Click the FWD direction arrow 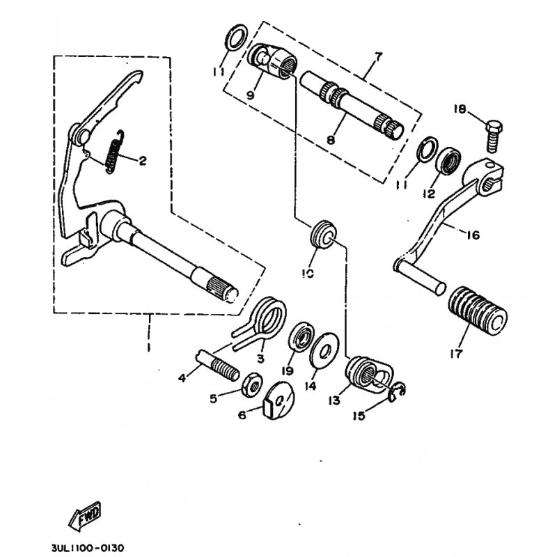[x=84, y=516]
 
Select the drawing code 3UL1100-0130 [x=88, y=548]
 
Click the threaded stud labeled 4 [x=218, y=366]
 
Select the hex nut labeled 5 [x=252, y=385]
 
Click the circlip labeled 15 [x=396, y=392]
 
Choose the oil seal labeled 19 [x=301, y=336]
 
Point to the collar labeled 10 [x=323, y=235]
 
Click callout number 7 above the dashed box [x=377, y=56]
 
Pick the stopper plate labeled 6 [x=280, y=400]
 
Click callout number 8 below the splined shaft [x=330, y=141]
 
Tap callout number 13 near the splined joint [x=334, y=400]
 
